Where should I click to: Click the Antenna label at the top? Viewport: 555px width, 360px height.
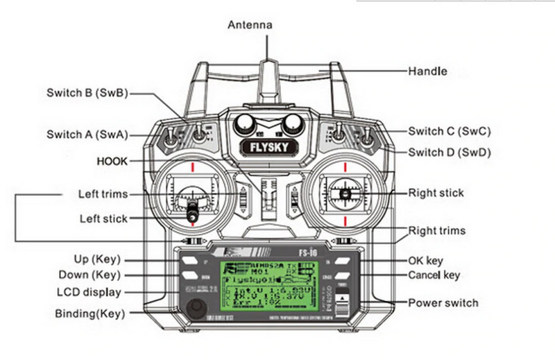250,25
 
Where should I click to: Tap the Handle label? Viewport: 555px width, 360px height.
427,71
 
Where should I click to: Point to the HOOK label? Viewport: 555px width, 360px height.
112,162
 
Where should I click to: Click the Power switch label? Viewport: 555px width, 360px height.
443,302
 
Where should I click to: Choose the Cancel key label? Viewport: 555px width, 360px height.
434,275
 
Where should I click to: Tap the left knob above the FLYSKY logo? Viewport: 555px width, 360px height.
244,123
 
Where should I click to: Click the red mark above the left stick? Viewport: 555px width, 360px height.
189,166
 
